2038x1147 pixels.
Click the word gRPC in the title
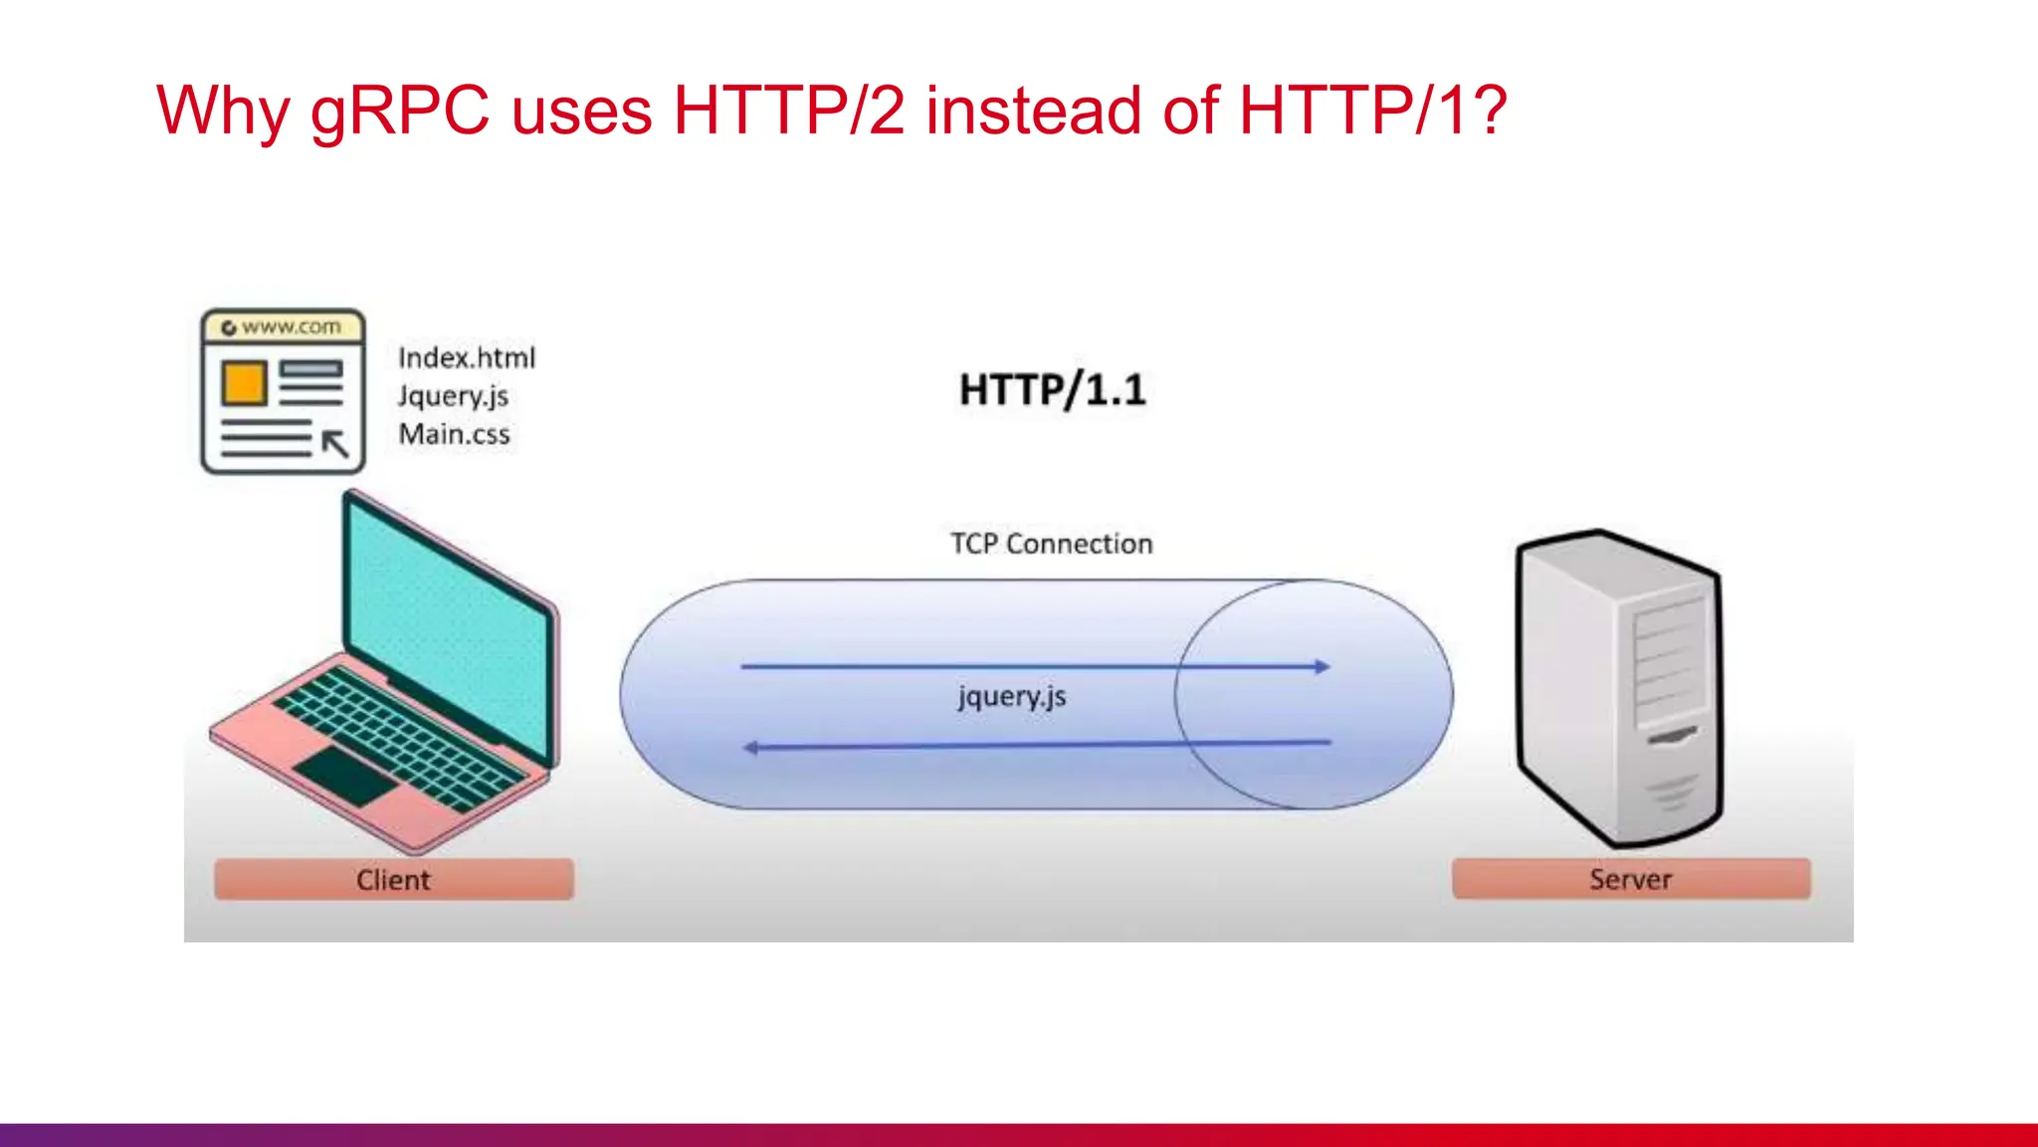click(400, 112)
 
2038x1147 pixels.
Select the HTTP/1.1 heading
click(1052, 389)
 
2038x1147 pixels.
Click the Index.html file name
click(467, 357)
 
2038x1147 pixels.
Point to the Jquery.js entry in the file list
click(453, 396)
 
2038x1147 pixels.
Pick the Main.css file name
click(455, 434)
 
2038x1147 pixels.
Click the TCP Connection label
click(1051, 544)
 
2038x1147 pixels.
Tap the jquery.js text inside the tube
click(1012, 696)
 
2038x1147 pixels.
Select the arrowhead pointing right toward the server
click(1322, 666)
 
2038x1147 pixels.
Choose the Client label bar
click(394, 879)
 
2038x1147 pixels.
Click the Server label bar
click(1630, 879)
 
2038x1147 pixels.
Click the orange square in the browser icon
click(244, 384)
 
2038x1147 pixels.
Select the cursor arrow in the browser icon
click(335, 443)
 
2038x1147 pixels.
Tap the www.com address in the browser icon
click(290, 327)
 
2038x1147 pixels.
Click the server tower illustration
click(1619, 687)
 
